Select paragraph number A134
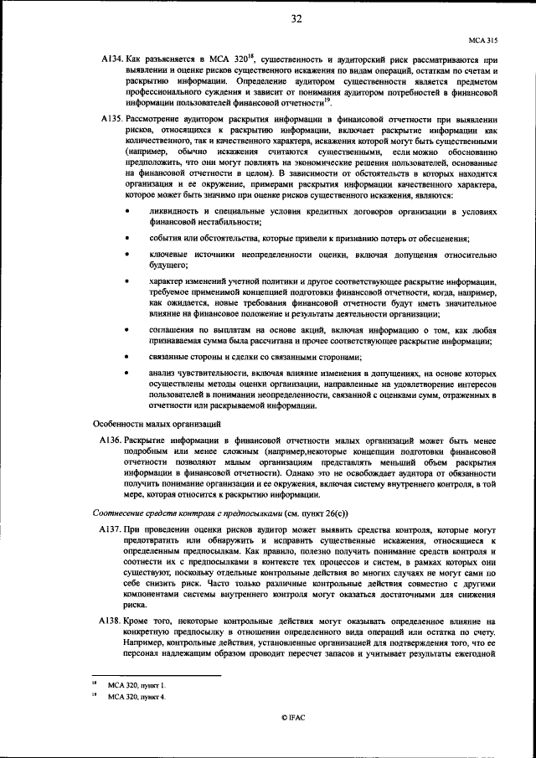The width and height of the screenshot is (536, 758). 112,62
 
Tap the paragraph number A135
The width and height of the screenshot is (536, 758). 112,121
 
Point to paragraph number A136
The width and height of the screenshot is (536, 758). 112,440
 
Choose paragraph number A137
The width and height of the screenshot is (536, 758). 112,531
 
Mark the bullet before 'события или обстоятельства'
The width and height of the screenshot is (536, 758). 128,239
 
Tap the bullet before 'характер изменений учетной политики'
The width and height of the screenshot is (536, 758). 128,282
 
